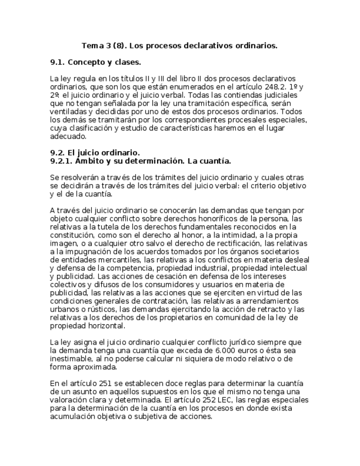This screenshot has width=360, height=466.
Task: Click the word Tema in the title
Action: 92,46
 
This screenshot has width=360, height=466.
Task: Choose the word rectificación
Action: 221,242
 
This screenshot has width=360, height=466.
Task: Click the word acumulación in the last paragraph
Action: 72,417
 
